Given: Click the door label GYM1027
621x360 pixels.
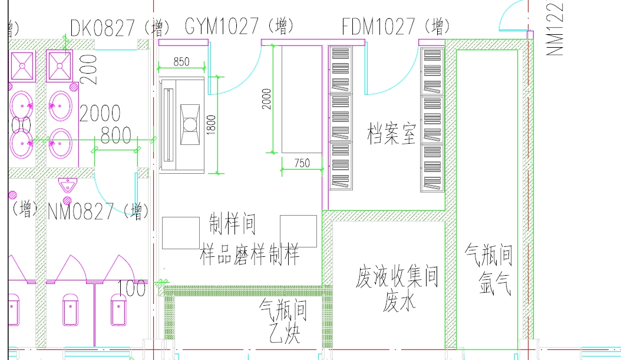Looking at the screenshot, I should pyautogui.click(x=222, y=26).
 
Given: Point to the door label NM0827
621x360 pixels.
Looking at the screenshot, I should pyautogui.click(x=81, y=210).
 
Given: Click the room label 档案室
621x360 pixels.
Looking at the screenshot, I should pyautogui.click(x=391, y=134).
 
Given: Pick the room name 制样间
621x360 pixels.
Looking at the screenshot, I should pyautogui.click(x=233, y=224).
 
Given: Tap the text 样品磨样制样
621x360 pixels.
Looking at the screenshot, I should pyautogui.click(x=250, y=254).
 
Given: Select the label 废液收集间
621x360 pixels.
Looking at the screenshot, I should pyautogui.click(x=398, y=276).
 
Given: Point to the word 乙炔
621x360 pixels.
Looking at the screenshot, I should pyautogui.click(x=283, y=334).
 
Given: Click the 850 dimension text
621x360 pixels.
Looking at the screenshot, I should pyautogui.click(x=181, y=61).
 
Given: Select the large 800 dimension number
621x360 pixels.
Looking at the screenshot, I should pyautogui.click(x=115, y=135).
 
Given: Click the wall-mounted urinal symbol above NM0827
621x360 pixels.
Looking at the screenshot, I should pyautogui.click(x=69, y=186).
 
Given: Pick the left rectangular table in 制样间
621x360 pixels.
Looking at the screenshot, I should pyautogui.click(x=181, y=232).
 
